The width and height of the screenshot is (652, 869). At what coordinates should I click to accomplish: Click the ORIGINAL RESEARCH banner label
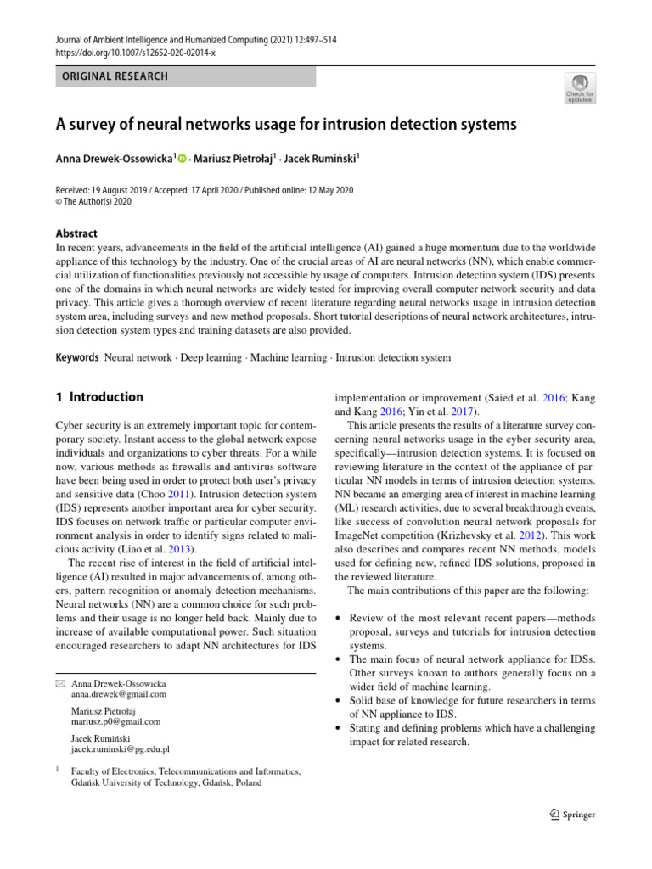pos(112,76)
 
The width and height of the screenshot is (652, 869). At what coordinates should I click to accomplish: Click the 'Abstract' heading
pos(76,233)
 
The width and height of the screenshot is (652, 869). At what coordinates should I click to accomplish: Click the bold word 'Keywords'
pos(76,358)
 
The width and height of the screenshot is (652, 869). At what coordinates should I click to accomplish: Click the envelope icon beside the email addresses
pos(59,683)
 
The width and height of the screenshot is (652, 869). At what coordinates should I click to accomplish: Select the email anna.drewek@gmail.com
pos(119,693)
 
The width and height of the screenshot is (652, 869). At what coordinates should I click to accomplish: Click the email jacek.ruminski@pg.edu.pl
pos(121,749)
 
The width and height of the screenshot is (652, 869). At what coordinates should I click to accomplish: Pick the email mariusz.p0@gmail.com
pos(116,721)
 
